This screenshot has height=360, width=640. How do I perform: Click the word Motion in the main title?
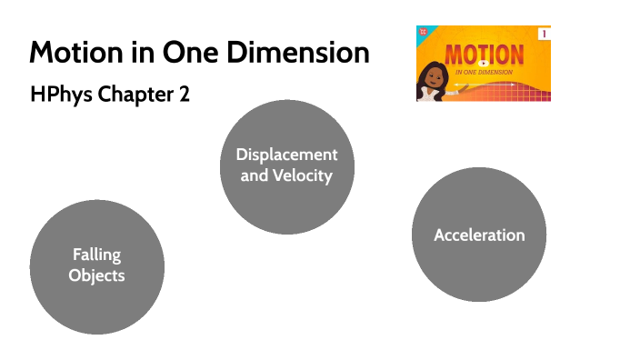[x=71, y=52]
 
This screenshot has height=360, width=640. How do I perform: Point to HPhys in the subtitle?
[x=58, y=95]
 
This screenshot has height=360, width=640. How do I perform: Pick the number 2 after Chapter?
[x=184, y=95]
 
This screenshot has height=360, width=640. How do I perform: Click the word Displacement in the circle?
[x=286, y=155]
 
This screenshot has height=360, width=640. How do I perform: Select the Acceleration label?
[x=479, y=235]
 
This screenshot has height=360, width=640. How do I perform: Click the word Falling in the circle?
[x=96, y=255]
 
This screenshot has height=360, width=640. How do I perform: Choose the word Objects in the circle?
[x=96, y=275]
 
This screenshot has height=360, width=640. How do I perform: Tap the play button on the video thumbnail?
[x=484, y=63]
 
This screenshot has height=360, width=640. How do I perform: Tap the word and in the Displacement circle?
[x=254, y=175]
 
